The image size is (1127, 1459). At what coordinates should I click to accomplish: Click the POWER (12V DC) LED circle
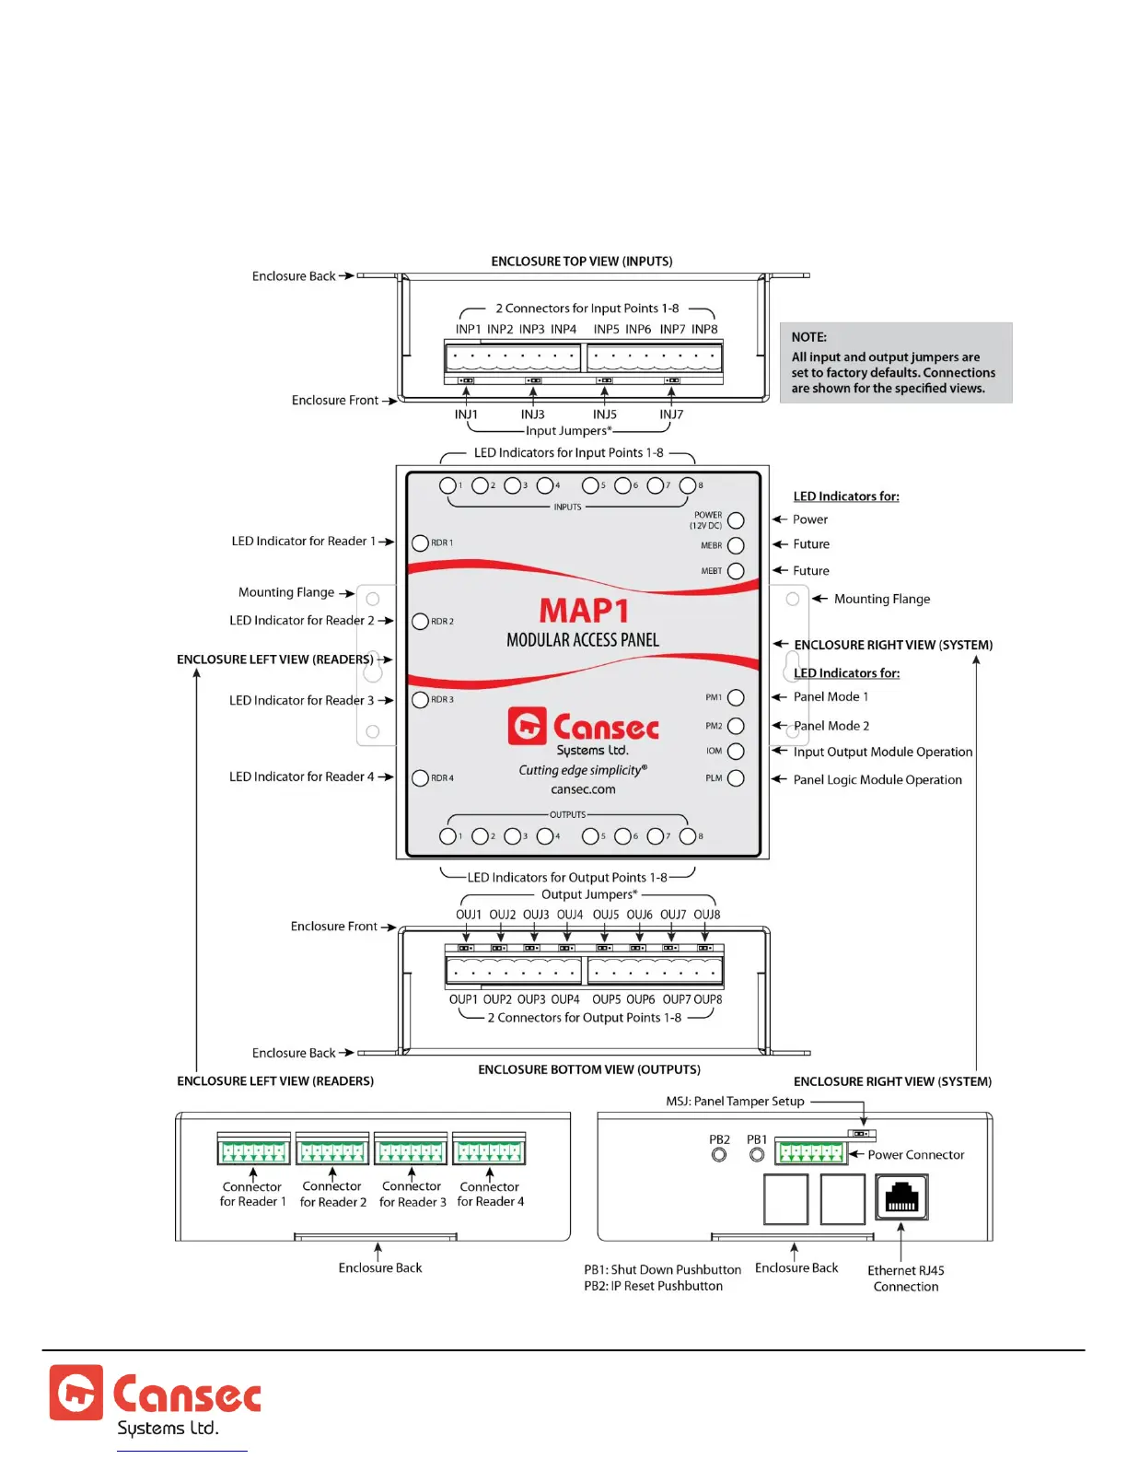(x=736, y=520)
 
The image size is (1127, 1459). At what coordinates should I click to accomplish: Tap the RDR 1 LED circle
(x=421, y=543)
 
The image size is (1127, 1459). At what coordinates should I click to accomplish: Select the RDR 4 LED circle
(x=421, y=778)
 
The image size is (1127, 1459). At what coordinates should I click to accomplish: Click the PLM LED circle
(x=736, y=778)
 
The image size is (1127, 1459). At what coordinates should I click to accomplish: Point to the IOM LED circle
(x=736, y=752)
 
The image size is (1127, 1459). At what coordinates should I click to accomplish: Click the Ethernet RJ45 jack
(x=901, y=1196)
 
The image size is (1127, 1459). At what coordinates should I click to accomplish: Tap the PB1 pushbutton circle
(x=757, y=1155)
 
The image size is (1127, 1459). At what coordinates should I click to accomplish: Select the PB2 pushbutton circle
(x=719, y=1155)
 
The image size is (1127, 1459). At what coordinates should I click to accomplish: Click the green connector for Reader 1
(x=253, y=1151)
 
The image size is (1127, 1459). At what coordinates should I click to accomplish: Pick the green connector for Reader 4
(x=489, y=1151)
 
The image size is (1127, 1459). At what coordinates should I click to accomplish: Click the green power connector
(x=810, y=1152)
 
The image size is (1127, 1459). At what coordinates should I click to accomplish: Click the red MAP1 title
(x=584, y=611)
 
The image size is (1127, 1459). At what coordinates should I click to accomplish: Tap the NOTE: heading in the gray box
(x=808, y=337)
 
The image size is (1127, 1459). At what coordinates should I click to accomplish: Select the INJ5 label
(x=605, y=414)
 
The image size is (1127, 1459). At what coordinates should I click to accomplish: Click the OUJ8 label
(x=707, y=915)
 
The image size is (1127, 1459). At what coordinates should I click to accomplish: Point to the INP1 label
(x=468, y=329)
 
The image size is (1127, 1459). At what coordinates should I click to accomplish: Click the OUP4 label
(x=565, y=999)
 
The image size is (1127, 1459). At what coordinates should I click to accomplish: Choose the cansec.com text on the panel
(x=583, y=789)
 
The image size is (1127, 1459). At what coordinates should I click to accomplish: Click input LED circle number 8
(x=687, y=485)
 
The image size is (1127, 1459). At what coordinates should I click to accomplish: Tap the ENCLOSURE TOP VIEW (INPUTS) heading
(x=582, y=262)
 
